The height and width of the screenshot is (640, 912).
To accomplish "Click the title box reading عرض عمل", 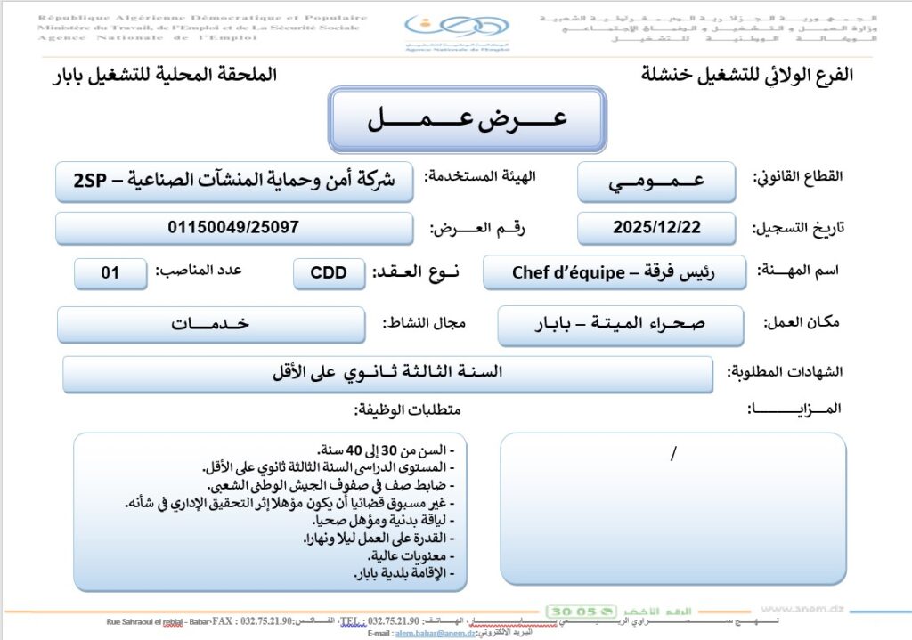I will point(467,120).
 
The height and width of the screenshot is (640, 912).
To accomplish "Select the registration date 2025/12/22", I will point(656,228).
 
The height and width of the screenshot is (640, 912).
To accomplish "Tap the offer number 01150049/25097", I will point(233,228).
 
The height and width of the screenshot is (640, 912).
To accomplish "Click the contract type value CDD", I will point(329,273).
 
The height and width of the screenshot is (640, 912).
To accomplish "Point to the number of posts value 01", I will point(110,273).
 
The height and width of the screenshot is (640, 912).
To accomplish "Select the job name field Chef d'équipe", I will point(614,272).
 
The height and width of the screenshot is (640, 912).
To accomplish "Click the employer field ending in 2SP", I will point(233,181).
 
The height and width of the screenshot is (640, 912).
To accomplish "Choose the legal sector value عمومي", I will point(656,182).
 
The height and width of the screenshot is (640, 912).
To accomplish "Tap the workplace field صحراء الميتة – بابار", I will point(620,324).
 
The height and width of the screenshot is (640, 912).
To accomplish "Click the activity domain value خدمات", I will point(210,324).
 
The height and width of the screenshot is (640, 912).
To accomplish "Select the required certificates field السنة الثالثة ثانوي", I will point(387,373).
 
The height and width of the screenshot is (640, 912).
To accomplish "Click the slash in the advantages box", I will point(672,454).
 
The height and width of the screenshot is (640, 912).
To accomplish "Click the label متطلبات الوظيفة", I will point(409,409).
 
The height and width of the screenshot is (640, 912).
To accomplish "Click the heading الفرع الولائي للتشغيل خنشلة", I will point(746,75).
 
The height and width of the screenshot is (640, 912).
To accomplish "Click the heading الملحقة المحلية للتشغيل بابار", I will point(165,75).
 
